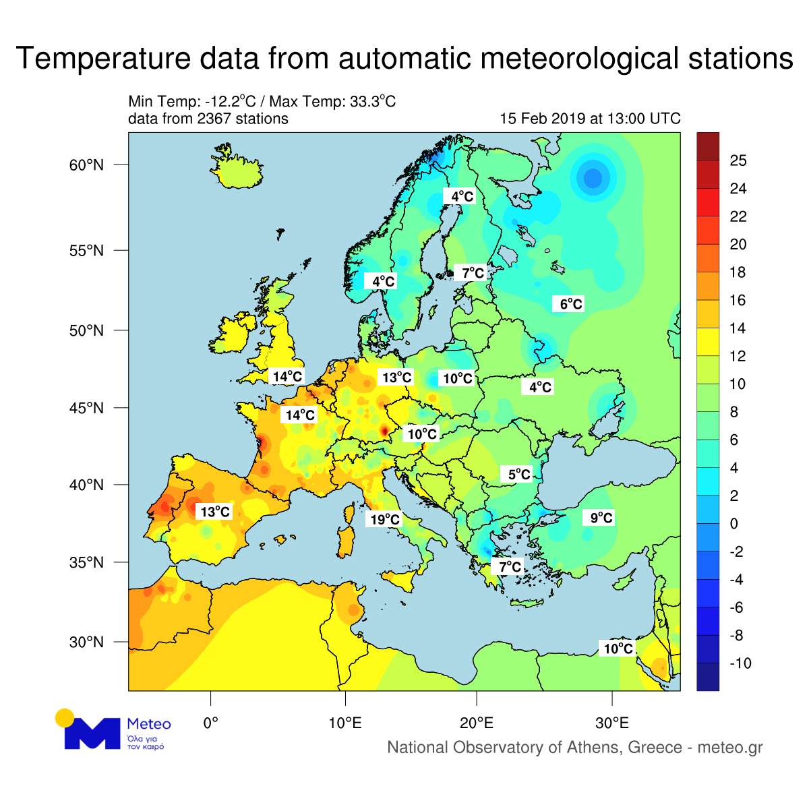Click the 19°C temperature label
[385, 519]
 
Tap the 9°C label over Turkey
[601, 517]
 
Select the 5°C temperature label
[519, 474]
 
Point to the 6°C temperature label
[571, 304]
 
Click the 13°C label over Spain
[215, 512]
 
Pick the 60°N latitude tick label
[86, 165]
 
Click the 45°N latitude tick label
[86, 408]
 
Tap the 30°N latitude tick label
[86, 642]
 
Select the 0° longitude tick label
[210, 723]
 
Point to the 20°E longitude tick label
[477, 723]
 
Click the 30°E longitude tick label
[612, 723]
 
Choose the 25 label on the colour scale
[738, 160]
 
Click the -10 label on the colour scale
[740, 663]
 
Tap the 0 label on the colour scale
[734, 524]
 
